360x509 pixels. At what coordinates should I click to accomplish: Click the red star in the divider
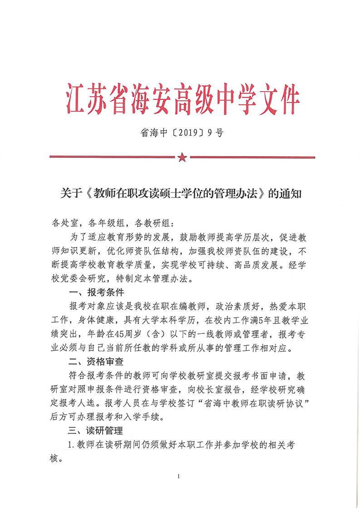(x=182, y=157)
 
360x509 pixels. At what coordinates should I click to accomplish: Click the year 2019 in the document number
(x=187, y=133)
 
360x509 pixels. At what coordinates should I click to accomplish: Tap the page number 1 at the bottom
(x=180, y=476)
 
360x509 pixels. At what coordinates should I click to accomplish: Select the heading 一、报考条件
(x=96, y=291)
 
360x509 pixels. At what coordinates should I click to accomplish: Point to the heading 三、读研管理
(x=96, y=430)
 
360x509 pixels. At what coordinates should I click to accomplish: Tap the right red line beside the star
(x=252, y=157)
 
